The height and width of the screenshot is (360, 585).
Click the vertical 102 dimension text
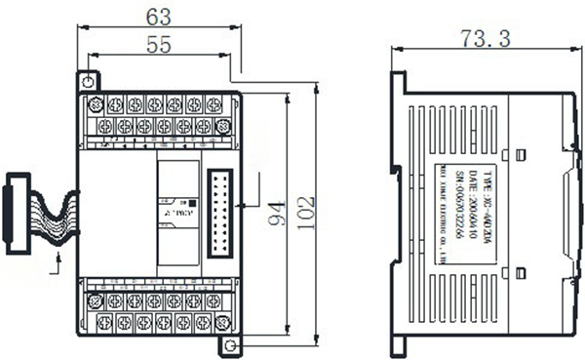tap(307, 215)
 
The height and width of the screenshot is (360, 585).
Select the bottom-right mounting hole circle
tap(230, 345)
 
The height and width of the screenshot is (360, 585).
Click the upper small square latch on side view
tap(521, 154)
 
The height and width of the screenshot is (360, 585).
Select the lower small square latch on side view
tap(521, 271)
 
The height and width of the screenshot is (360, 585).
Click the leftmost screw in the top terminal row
tap(96, 105)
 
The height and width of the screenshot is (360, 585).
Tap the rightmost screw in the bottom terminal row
tap(221, 321)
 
